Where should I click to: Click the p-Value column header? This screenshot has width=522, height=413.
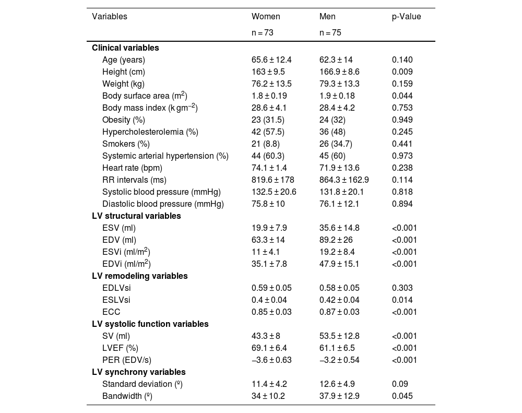406,17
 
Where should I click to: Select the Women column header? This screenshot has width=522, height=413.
266,17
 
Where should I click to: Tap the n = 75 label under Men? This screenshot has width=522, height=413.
330,32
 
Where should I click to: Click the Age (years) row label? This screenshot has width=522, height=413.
124,60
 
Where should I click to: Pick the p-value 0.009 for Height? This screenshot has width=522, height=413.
402,72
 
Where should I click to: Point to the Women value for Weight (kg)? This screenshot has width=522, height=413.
271,84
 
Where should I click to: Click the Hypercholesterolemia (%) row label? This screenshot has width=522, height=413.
150,132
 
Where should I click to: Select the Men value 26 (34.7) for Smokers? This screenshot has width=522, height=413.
337,144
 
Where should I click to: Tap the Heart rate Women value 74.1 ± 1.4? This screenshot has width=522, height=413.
269,168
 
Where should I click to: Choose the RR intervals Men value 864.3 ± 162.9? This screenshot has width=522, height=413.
344,180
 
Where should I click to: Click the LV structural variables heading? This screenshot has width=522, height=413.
136,216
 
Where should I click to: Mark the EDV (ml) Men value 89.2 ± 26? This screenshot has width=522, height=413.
336,240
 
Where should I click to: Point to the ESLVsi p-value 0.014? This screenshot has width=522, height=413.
402,300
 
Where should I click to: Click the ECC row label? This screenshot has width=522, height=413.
111,312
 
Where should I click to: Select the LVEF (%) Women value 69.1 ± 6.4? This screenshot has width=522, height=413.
269,348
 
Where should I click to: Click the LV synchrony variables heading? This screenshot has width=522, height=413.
138,372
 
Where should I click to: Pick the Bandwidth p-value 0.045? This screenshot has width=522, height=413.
402,396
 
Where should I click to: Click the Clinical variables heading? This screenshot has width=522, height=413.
125,48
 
